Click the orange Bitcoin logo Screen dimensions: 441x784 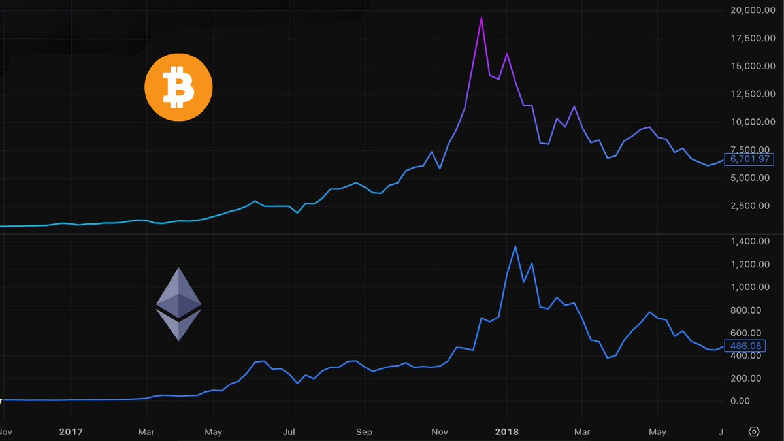pos(178,88)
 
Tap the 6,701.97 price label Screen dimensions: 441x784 pos(751,159)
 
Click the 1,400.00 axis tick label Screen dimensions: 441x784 pos(755,242)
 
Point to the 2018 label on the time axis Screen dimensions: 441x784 pos(506,432)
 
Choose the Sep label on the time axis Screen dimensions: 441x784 pos(364,432)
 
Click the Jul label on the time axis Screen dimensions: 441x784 pos(289,432)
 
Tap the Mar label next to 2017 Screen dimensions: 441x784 pos(146,432)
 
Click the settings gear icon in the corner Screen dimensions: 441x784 pos(754,432)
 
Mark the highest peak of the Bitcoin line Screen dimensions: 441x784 pos(481,18)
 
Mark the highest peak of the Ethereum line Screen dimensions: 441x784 pos(515,246)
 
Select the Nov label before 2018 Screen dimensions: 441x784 pos(440,432)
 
